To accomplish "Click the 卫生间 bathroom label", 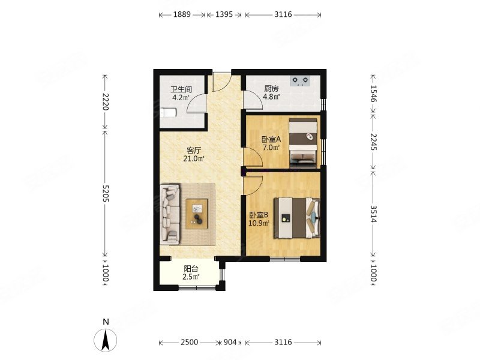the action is pyautogui.click(x=181, y=89).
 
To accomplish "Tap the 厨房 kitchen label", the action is pyautogui.click(x=271, y=89).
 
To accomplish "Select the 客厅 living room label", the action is pyautogui.click(x=194, y=151).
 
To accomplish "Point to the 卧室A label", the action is pyautogui.click(x=271, y=140).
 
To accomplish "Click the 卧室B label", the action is pyautogui.click(x=259, y=215).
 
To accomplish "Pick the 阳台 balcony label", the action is pyautogui.click(x=191, y=269).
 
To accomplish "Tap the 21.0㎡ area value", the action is pyautogui.click(x=194, y=158).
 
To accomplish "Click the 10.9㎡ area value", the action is pyautogui.click(x=259, y=223).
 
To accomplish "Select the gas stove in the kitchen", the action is pyautogui.click(x=300, y=81).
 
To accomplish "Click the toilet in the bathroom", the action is pyautogui.click(x=168, y=113).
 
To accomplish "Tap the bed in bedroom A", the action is pyautogui.click(x=303, y=143).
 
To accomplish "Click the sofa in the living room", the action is pyautogui.click(x=170, y=214).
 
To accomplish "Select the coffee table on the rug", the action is pyautogui.click(x=197, y=214).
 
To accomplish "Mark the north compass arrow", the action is pyautogui.click(x=106, y=340).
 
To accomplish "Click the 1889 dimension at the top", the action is pyautogui.click(x=182, y=14).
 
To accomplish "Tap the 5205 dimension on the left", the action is pyautogui.click(x=106, y=193).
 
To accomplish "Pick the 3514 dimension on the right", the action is pyautogui.click(x=373, y=214).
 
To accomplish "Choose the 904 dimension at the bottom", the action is pyautogui.click(x=230, y=342).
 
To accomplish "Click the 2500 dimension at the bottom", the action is pyautogui.click(x=189, y=342).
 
